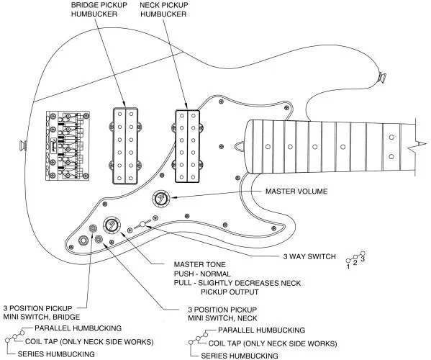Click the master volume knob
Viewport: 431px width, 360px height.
pyautogui.click(x=161, y=199)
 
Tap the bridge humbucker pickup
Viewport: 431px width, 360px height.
pyautogui.click(x=125, y=145)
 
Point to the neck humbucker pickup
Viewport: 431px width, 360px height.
pyautogui.click(x=188, y=146)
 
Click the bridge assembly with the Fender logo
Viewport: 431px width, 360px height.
pyautogui.click(x=68, y=145)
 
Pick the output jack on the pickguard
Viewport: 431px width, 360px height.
pyautogui.click(x=83, y=241)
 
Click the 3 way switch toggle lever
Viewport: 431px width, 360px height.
pyautogui.click(x=142, y=224)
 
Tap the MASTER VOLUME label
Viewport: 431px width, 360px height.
pyautogui.click(x=296, y=192)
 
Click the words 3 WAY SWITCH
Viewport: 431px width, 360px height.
pyautogui.click(x=309, y=256)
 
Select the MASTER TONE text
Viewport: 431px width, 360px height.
pyautogui.click(x=199, y=264)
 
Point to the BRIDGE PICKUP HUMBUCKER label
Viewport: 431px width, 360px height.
pyautogui.click(x=99, y=9)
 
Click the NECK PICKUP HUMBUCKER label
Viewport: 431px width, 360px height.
pyautogui.click(x=164, y=9)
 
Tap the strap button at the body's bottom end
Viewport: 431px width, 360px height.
pyautogui.click(x=23, y=145)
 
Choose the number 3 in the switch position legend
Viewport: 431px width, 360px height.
pyautogui.click(x=363, y=259)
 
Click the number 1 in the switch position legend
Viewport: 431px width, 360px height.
pyautogui.click(x=348, y=267)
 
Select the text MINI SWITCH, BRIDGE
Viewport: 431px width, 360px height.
pyautogui.click(x=42, y=317)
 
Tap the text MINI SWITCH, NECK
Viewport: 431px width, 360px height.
pyautogui.click(x=222, y=318)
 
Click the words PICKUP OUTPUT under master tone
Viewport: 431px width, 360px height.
pyautogui.click(x=230, y=292)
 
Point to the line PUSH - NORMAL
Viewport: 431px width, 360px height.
pyautogui.click(x=202, y=274)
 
